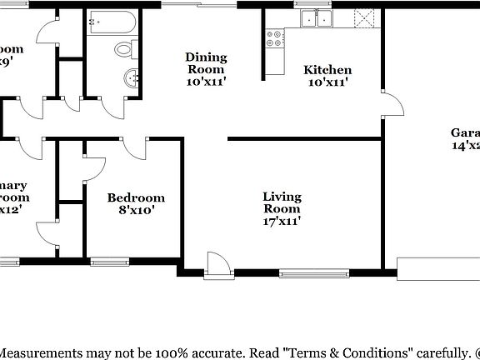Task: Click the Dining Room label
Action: point(206,63)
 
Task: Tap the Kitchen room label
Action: point(327,70)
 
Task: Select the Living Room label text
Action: point(282,202)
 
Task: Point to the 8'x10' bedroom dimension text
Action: point(136,211)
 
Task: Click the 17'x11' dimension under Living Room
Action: point(282,221)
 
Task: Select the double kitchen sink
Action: point(317,18)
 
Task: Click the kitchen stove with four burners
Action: point(273,37)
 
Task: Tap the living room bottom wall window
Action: point(314,272)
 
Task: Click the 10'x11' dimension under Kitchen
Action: point(327,82)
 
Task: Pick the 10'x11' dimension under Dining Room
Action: point(206,82)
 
